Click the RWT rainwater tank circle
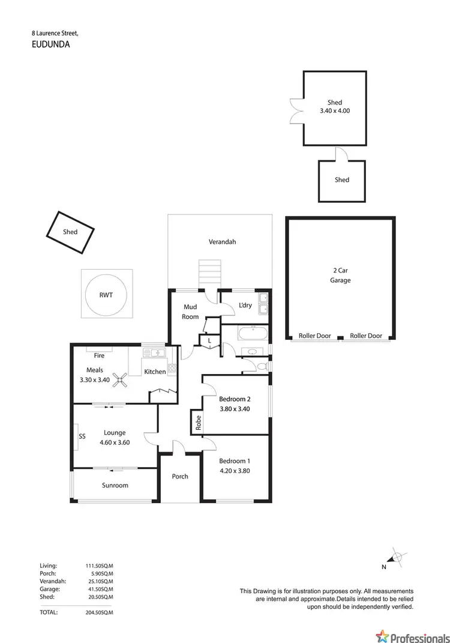[106, 295]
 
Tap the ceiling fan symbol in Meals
[122, 378]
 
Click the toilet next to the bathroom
[261, 365]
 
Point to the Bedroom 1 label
[235, 460]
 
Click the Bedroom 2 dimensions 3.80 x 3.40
[235, 409]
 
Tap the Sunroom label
[115, 485]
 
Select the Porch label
[180, 476]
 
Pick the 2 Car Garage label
[340, 276]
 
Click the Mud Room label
[190, 312]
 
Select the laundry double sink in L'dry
[263, 303]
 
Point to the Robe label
[197, 423]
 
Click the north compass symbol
[397, 556]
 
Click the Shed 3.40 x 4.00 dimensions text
[335, 110]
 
